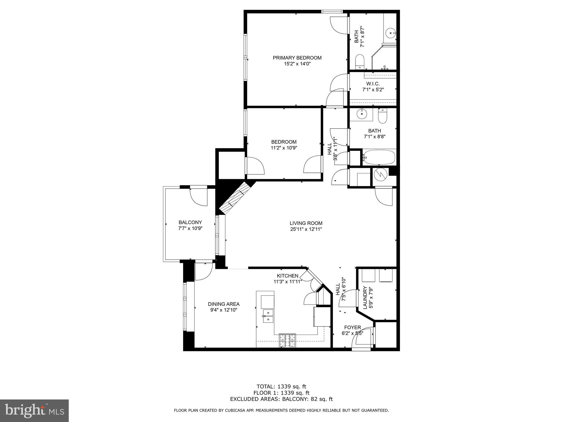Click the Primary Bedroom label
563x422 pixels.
pos(297,58)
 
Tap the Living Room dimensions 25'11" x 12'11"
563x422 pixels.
pos(306,229)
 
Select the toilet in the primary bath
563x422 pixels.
pos(360,62)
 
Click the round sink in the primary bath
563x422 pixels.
pos(391,33)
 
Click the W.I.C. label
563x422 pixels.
pos(373,84)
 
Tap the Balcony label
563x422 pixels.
pos(190,222)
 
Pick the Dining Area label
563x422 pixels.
pos(223,304)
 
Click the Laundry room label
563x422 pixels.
pos(365,298)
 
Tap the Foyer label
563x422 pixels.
pos(352,327)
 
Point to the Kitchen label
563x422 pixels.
pos(287,276)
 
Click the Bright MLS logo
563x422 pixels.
pos(34,410)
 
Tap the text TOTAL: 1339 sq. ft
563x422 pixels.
pos(281,387)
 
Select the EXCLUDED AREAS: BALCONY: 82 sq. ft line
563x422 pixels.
pos(281,399)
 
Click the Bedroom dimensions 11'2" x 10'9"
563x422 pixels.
pos(284,148)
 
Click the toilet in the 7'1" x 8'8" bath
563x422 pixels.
pos(382,116)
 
